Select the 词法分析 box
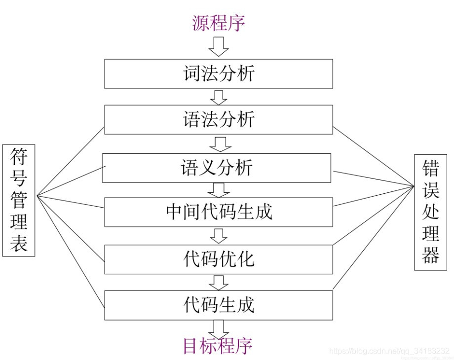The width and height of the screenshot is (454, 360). coord(218,74)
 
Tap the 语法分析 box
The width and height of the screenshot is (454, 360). coord(218,120)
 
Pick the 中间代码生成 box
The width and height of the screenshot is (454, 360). coord(218,212)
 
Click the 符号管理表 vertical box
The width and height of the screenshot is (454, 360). coord(19,200)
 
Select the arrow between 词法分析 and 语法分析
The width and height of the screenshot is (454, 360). coord(219,97)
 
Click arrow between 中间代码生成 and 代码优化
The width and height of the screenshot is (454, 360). coord(218,235)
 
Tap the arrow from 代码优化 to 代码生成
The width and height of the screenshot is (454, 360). coord(218,282)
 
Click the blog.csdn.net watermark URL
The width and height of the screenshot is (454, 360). coord(389,351)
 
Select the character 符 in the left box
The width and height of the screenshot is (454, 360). coord(19,158)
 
